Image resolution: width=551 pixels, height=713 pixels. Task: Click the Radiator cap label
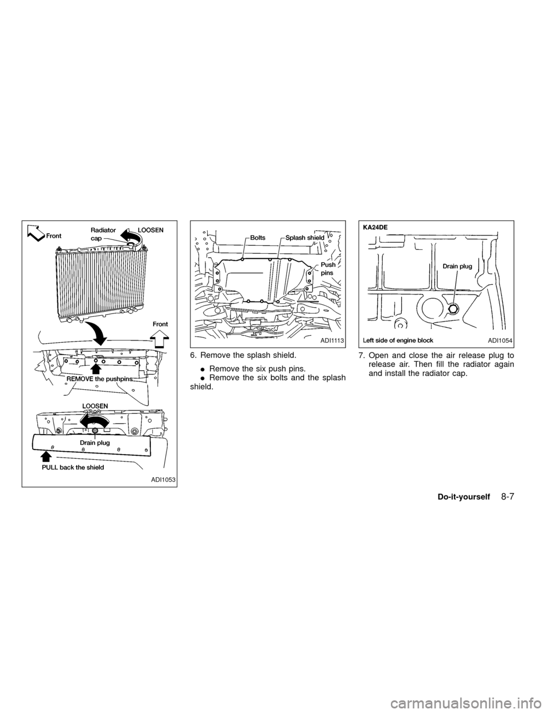pyautogui.click(x=103, y=234)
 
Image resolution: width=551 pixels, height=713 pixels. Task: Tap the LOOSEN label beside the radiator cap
pyautogui.click(x=150, y=230)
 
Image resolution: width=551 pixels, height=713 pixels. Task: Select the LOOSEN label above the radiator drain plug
pyautogui.click(x=95, y=406)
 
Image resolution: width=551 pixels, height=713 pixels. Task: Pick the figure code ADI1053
pyautogui.click(x=163, y=479)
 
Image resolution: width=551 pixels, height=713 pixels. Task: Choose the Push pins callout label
pyautogui.click(x=328, y=269)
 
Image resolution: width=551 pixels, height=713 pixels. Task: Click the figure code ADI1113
pyautogui.click(x=332, y=340)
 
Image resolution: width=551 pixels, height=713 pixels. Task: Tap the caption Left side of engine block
pyautogui.click(x=398, y=340)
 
